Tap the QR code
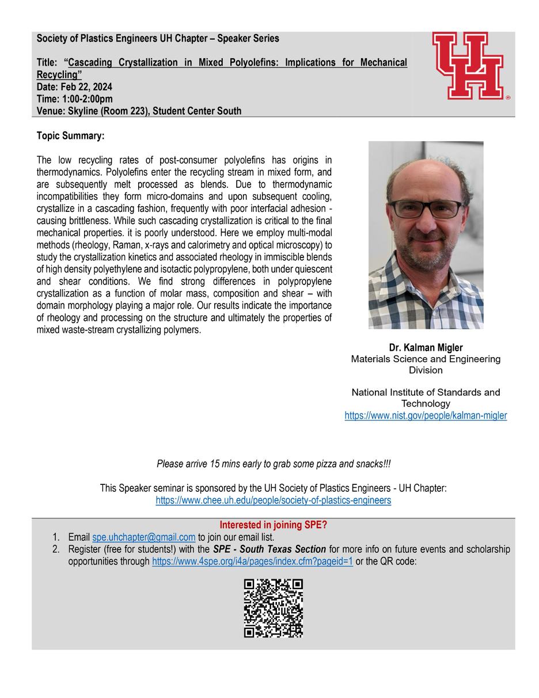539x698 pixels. pos(273,608)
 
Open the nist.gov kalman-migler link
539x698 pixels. pos(426,415)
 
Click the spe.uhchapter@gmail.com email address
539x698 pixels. pos(144,537)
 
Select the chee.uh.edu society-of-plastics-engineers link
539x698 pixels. pos(273,500)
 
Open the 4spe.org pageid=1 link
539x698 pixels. pos(252,561)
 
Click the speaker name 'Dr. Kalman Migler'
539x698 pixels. pos(426,347)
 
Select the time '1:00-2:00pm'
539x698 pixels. pos(88,99)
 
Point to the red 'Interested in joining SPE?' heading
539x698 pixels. pos(273,525)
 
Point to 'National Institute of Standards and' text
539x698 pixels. pos(426,392)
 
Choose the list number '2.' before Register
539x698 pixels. pos(56,549)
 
